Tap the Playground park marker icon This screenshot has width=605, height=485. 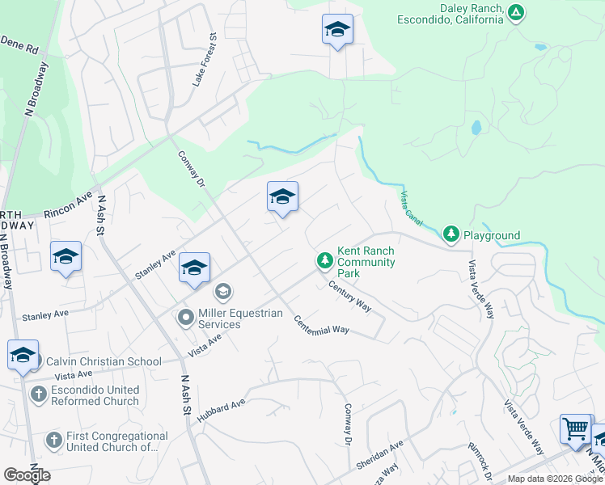pyautogui.click(x=451, y=235)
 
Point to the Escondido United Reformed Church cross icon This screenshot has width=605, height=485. pyautogui.click(x=37, y=394)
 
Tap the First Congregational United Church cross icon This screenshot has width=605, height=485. pyautogui.click(x=53, y=441)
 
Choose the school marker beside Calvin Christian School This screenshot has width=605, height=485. pyautogui.click(x=23, y=355)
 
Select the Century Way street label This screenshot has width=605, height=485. pyautogui.click(x=349, y=296)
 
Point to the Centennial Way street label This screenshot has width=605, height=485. pyautogui.click(x=321, y=324)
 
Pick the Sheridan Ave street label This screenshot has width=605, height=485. pyautogui.click(x=379, y=456)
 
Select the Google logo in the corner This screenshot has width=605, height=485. pyautogui.click(x=27, y=475)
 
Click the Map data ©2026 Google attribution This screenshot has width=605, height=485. pyautogui.click(x=554, y=479)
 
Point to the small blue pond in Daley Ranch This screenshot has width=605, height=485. pyautogui.click(x=476, y=128)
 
